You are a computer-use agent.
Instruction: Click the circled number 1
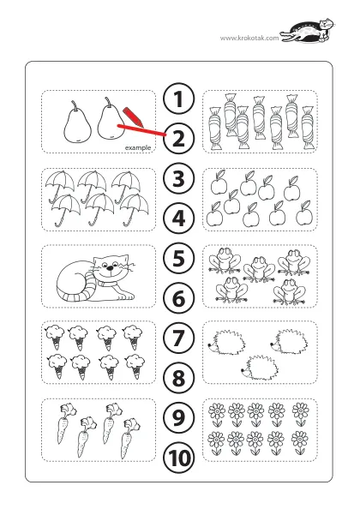(x=179, y=99)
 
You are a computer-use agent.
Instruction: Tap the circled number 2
(x=179, y=139)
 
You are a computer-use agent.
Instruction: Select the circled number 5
(x=179, y=258)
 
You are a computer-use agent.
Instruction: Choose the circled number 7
(x=179, y=338)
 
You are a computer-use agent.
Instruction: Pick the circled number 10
(x=179, y=458)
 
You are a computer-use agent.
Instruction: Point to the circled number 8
(x=179, y=378)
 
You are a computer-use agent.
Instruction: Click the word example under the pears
(x=138, y=147)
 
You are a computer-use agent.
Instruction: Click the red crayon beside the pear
(x=133, y=117)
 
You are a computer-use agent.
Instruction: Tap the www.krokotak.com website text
(x=249, y=38)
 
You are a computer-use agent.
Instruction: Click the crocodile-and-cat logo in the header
(x=307, y=31)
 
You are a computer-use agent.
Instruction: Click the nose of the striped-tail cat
(x=111, y=268)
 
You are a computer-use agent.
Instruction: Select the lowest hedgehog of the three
(x=260, y=367)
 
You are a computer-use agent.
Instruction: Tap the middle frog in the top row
(x=259, y=269)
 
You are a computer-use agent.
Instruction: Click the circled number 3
(x=179, y=178)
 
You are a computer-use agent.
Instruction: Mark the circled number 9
(x=179, y=417)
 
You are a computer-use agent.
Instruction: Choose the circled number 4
(x=179, y=219)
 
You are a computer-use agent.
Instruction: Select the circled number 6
(x=179, y=298)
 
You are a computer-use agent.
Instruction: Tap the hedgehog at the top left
(x=226, y=343)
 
